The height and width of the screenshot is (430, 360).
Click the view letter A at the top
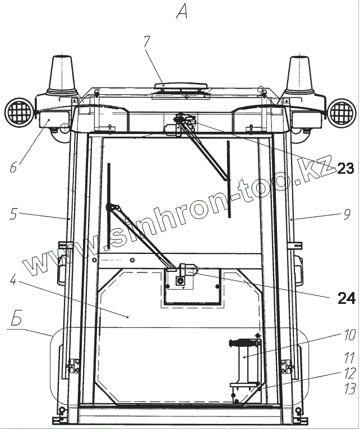[182, 12]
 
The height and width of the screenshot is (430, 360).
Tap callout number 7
[147, 41]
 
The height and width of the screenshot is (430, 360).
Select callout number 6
[13, 167]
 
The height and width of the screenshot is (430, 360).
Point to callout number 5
[13, 214]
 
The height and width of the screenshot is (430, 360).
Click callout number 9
[347, 215]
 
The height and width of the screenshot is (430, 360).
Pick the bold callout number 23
[345, 168]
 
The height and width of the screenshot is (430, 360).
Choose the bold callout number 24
[347, 298]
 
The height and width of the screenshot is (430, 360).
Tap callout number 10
[349, 335]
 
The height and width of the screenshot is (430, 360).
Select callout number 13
[349, 389]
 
